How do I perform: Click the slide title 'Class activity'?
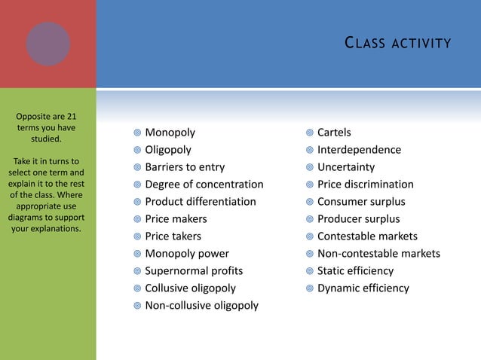(x=397, y=44)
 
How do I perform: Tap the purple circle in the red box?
(x=48, y=44)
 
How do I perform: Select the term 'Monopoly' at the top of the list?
(x=170, y=133)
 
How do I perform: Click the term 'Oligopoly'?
(x=168, y=150)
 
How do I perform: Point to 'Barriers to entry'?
(x=185, y=167)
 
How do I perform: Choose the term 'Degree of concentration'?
(x=204, y=185)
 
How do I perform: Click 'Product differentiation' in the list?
(x=201, y=202)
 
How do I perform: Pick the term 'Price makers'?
(x=176, y=219)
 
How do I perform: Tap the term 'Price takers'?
(x=173, y=236)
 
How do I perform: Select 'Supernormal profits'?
(x=194, y=271)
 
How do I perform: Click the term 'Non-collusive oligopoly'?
(x=201, y=306)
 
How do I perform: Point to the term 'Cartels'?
(x=334, y=133)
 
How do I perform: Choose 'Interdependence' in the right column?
(x=359, y=150)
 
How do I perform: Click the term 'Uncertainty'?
(x=346, y=167)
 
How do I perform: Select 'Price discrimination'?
(x=366, y=185)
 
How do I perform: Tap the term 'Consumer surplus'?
(x=361, y=202)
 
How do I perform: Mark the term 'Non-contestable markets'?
(x=378, y=254)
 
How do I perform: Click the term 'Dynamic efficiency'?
(x=363, y=288)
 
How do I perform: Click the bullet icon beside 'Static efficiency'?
(x=309, y=271)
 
